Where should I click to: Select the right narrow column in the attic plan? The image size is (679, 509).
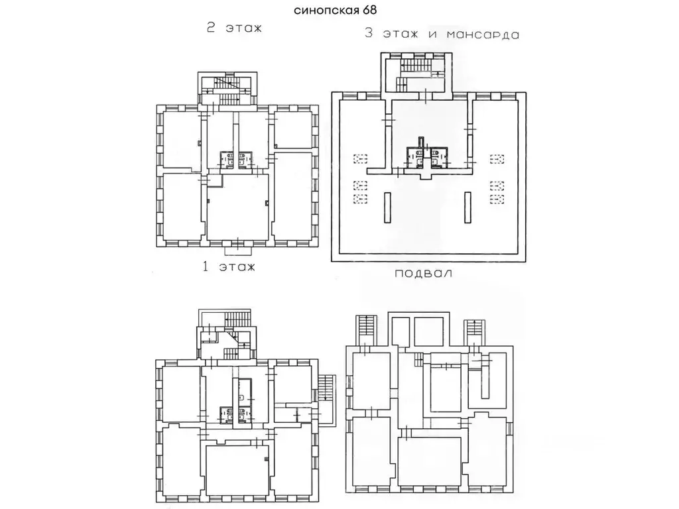click(468, 207)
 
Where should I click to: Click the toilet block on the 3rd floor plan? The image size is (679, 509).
click(427, 155)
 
